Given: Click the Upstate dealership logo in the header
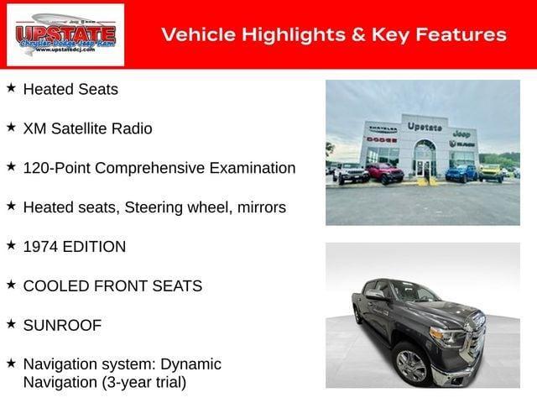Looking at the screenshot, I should coord(65,34).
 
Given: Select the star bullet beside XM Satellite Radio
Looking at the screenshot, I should coord(11,127).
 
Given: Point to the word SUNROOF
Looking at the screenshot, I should coord(62,325).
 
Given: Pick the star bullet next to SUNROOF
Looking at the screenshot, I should coord(11,323).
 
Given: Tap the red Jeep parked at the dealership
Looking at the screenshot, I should coord(385,173).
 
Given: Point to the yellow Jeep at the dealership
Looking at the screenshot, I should coord(490,172).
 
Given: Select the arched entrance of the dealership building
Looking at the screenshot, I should coord(425,158).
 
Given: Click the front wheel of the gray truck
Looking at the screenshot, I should coord(412,366).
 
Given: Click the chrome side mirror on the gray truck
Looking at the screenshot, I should coord(377,296).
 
